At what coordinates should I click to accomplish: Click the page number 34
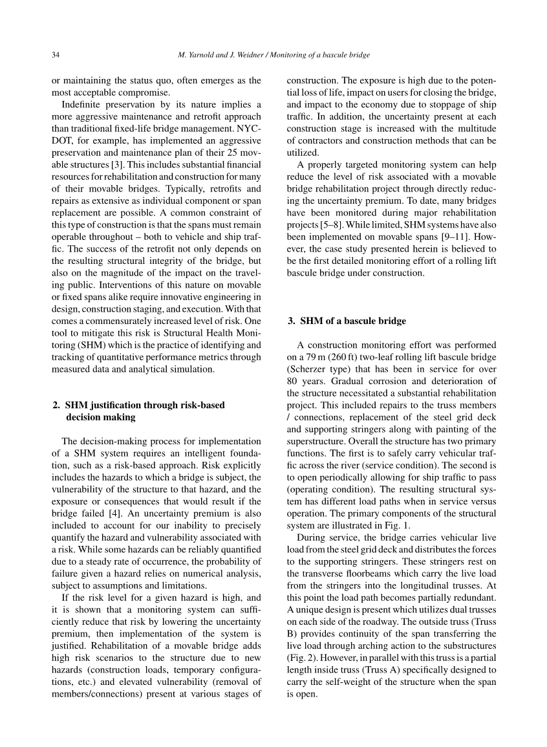tap(56, 56)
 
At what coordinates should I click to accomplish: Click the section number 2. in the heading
tap(57, 406)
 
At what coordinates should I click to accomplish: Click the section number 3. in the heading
tap(291, 321)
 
